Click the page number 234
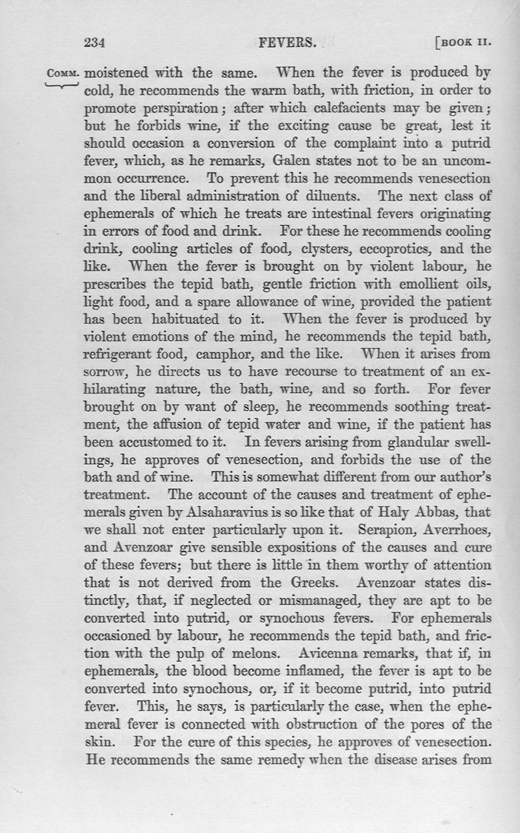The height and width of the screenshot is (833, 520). click(95, 44)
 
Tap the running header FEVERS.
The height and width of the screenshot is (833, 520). click(287, 44)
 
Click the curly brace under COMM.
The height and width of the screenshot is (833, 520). click(64, 85)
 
